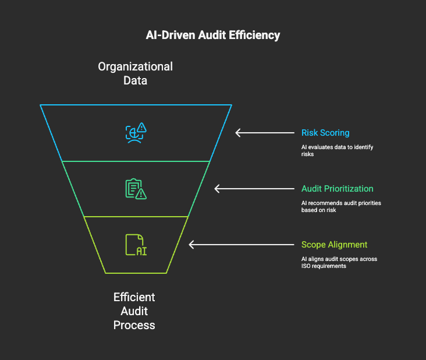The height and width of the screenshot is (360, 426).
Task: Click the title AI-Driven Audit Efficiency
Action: coord(213,36)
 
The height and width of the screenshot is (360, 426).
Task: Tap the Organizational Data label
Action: coord(135,73)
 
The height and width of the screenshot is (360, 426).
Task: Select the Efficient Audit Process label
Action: coord(134,310)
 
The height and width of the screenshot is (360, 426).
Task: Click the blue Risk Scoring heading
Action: coord(325,133)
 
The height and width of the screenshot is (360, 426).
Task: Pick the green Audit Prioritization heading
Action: coord(338,189)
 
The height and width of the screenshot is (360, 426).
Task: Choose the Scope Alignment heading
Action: coord(334,245)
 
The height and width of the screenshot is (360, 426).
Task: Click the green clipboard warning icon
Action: coord(136,189)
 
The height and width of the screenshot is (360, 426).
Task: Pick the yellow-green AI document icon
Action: coord(136,245)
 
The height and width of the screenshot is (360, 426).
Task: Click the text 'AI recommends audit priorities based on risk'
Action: coord(340,206)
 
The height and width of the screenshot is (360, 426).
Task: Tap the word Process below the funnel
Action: coord(134,324)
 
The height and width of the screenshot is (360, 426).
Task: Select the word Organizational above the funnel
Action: coord(135,66)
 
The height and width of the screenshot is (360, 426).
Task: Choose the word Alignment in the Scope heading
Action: coord(347,245)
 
